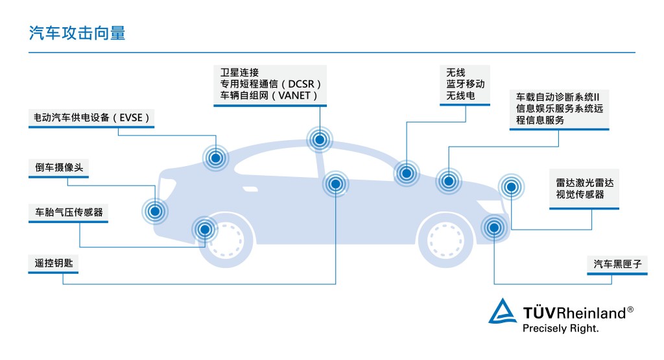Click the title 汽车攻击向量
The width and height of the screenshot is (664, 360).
pyautogui.click(x=77, y=34)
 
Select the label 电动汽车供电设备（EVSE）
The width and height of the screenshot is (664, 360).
pyautogui.click(x=92, y=118)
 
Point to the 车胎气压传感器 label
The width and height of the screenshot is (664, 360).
pyautogui.click(x=69, y=212)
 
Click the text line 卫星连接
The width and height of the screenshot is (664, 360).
pyautogui.click(x=239, y=73)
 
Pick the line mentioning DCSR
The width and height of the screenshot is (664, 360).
pyautogui.click(x=271, y=84)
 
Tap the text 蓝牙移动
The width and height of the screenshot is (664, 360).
pyautogui.click(x=465, y=84)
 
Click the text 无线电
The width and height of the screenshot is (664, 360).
pyautogui.click(x=460, y=96)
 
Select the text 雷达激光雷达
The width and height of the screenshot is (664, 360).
pyautogui.click(x=584, y=183)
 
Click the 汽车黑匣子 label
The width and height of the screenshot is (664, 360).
pyautogui.click(x=616, y=264)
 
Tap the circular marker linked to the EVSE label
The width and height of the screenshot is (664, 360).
pyautogui.click(x=215, y=156)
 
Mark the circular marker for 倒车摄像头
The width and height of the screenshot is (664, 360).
pyautogui.click(x=155, y=210)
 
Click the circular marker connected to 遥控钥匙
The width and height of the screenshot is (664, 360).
pyautogui.click(x=335, y=184)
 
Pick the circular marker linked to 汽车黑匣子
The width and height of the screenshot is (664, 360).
pyautogui.click(x=494, y=228)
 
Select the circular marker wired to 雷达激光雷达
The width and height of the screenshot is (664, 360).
pyautogui.click(x=511, y=187)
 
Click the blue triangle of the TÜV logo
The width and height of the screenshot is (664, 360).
pyautogui.click(x=503, y=311)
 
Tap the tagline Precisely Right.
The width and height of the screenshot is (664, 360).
pyautogui.click(x=560, y=328)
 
